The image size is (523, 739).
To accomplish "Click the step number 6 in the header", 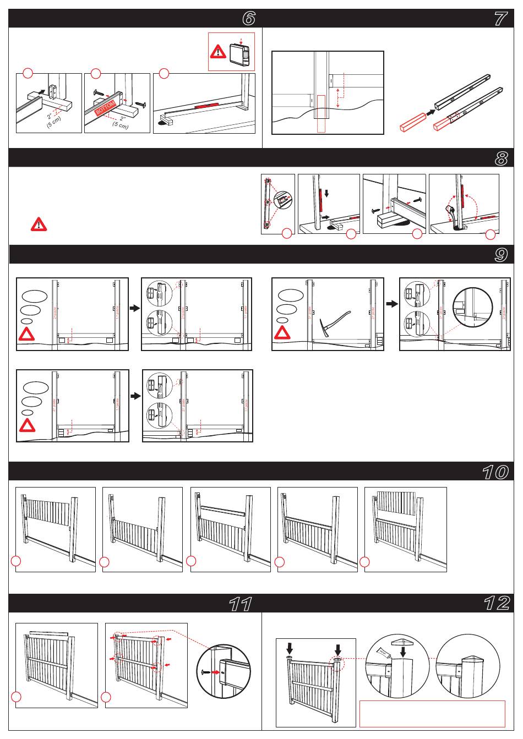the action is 249,19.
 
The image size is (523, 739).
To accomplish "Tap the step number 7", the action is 500,19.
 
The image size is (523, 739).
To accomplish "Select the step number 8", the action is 500,158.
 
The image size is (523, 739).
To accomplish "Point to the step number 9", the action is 500,255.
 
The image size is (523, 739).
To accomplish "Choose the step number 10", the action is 494,472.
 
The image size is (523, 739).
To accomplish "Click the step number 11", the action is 241,604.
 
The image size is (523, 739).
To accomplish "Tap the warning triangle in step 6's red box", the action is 219,52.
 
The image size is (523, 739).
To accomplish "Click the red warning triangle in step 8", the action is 39,224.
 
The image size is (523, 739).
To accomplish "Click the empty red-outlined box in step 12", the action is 432,713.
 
